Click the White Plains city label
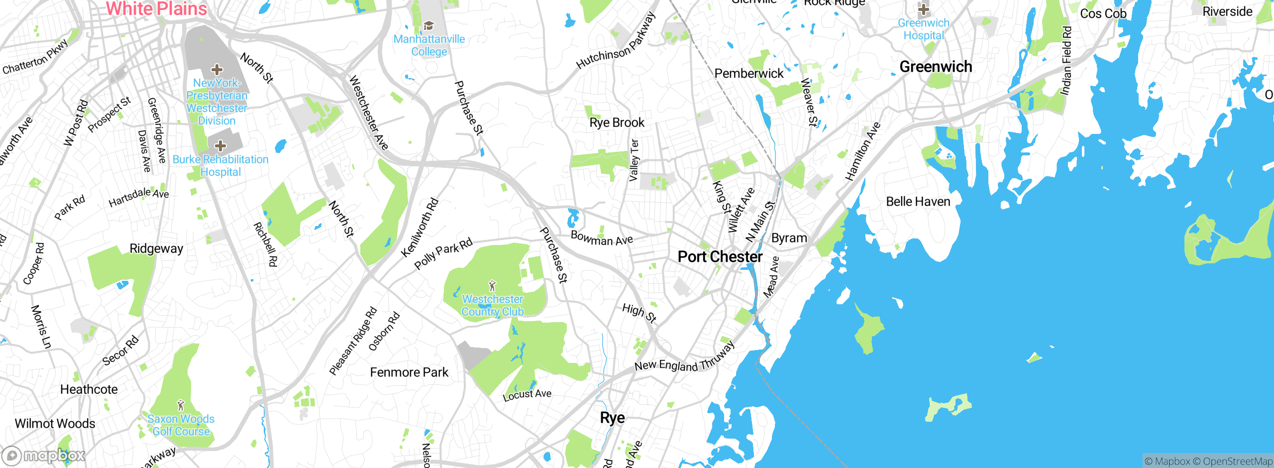point(156,8)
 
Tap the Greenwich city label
point(936,67)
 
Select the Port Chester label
point(720,257)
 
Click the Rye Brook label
point(617,122)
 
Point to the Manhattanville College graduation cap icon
point(428,25)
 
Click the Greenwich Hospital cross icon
point(924,9)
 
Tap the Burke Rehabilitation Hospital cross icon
point(220,146)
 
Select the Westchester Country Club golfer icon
point(492,286)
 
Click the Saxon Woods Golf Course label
point(181,425)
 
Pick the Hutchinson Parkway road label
point(616,41)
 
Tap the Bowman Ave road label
point(602,238)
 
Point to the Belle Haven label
point(918,202)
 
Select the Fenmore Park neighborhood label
point(409,372)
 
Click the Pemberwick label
point(749,74)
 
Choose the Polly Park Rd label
point(443,253)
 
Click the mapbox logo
point(44,456)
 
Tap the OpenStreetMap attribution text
point(1237,462)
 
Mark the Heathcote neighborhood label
point(89,389)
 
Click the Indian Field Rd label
point(1065,61)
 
